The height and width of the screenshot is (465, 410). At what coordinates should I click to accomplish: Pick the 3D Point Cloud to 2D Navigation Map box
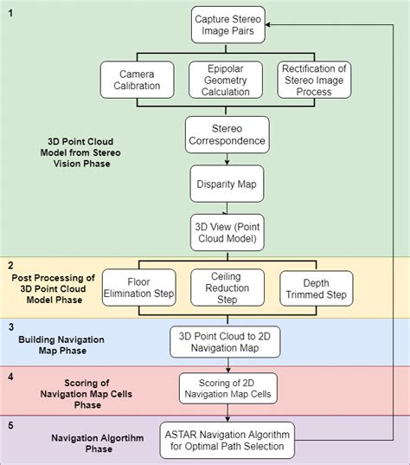click(224, 341)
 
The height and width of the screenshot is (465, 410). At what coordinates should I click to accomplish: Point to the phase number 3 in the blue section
click(10, 327)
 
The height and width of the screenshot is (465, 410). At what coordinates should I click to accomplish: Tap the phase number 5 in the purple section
click(10, 424)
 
